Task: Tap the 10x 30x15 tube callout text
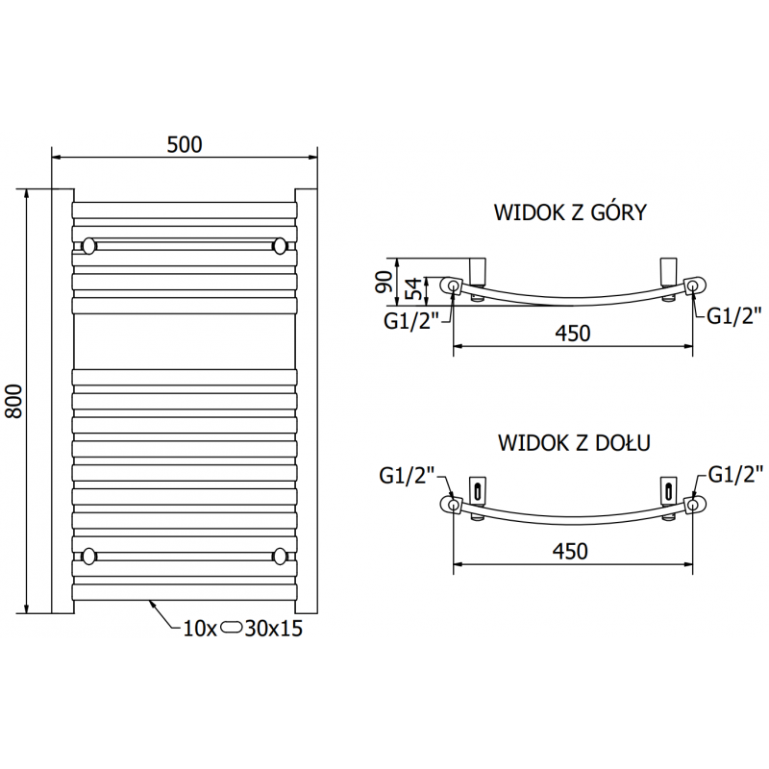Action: pyautogui.click(x=242, y=631)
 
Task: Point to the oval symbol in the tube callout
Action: pyautogui.click(x=234, y=631)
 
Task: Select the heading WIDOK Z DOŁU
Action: pyautogui.click(x=575, y=442)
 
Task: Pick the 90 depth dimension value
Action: pyautogui.click(x=382, y=282)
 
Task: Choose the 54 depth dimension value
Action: pyautogui.click(x=409, y=288)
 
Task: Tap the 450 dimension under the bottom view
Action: pyautogui.click(x=571, y=550)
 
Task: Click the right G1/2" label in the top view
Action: pyautogui.click(x=734, y=314)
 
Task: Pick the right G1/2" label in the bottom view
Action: pyautogui.click(x=734, y=473)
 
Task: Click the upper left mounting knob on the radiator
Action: pyautogui.click(x=88, y=246)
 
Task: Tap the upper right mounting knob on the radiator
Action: pyautogui.click(x=280, y=246)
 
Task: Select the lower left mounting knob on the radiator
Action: pyautogui.click(x=88, y=556)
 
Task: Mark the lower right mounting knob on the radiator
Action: pyautogui.click(x=280, y=556)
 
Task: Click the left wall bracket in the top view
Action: pyautogui.click(x=478, y=270)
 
